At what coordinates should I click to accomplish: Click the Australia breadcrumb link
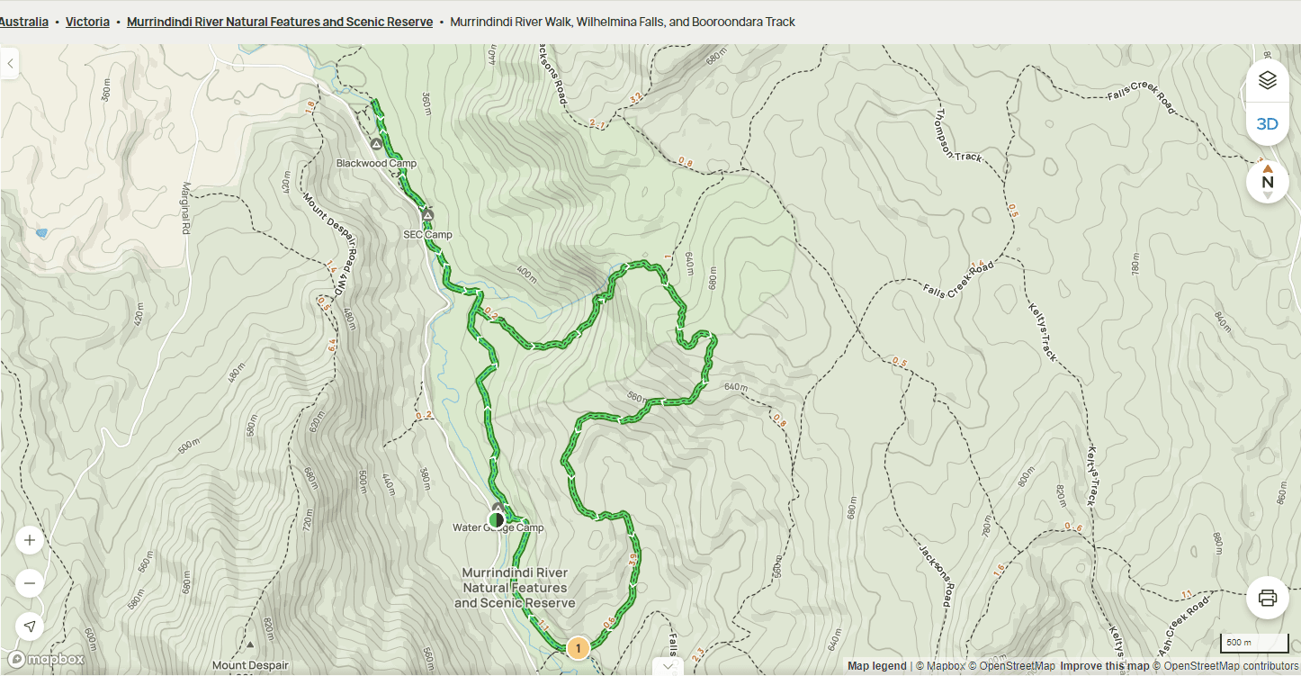(23, 22)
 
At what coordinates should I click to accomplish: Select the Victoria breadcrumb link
(87, 22)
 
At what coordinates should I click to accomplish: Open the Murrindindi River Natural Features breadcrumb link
(279, 22)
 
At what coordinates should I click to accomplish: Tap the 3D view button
(1267, 124)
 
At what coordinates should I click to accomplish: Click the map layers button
(1267, 80)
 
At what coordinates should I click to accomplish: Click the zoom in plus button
(30, 540)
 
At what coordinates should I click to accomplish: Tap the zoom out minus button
(30, 583)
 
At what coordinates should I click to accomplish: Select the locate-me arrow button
(30, 626)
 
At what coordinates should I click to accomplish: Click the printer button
(1267, 598)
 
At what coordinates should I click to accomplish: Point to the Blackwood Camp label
(376, 164)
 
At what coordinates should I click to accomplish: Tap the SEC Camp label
(427, 235)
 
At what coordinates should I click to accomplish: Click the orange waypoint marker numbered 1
(578, 647)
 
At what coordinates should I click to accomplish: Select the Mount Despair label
(250, 666)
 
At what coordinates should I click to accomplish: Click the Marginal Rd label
(186, 208)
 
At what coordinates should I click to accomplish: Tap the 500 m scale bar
(1253, 643)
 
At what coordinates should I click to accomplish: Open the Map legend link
(876, 666)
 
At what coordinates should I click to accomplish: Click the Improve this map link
(1104, 666)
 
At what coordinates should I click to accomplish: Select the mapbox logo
(47, 660)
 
